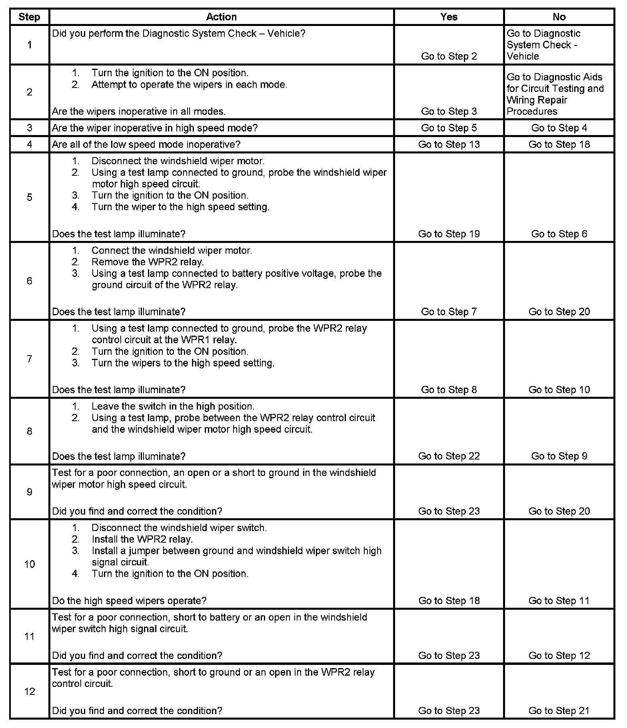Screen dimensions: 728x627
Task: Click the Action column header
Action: coord(221,17)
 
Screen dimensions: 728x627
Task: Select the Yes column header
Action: coord(449,17)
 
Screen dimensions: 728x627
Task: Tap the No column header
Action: coord(559,17)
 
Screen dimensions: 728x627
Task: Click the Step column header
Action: coord(29,17)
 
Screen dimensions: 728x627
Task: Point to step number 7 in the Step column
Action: coord(30,359)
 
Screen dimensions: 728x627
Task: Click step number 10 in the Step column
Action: coord(30,564)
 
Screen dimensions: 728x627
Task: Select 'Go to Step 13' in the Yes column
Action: coord(449,144)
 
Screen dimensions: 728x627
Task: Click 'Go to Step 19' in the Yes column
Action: coord(449,234)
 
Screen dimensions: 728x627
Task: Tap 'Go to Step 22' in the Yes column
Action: coord(449,456)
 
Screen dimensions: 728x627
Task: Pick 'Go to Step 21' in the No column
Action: coord(559,710)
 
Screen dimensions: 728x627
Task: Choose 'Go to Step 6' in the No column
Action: coord(559,234)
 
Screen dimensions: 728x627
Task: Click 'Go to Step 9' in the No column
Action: coord(559,456)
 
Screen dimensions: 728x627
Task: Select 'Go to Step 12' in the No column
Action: coord(559,655)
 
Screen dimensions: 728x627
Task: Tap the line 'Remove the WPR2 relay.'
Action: coord(148,262)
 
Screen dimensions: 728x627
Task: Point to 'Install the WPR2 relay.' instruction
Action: coord(142,539)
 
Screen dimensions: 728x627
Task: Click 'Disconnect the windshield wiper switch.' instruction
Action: coord(179,527)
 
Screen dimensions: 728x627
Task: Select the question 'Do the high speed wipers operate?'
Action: coord(129,601)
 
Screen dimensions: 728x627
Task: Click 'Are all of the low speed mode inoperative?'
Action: coord(146,144)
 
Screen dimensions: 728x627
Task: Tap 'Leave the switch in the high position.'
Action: coord(173,406)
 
